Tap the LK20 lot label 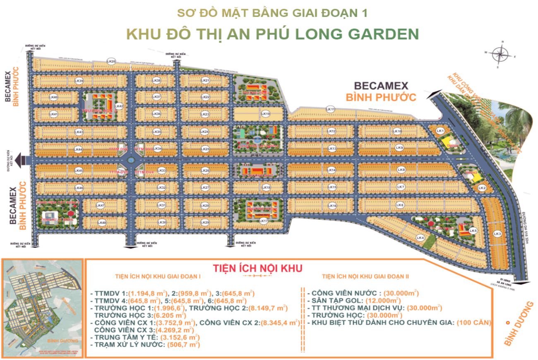tap(111, 61)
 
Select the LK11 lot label tap(330, 109)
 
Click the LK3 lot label tap(497, 234)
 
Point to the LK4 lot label tap(421, 238)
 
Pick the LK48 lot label tap(102, 223)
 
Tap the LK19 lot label tap(266, 113)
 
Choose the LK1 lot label tap(440, 131)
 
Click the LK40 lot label tap(53, 97)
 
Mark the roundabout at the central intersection tap(130, 160)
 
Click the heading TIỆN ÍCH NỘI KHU tap(257, 268)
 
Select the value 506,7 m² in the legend tap(183, 344)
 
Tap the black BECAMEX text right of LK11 tap(381, 86)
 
